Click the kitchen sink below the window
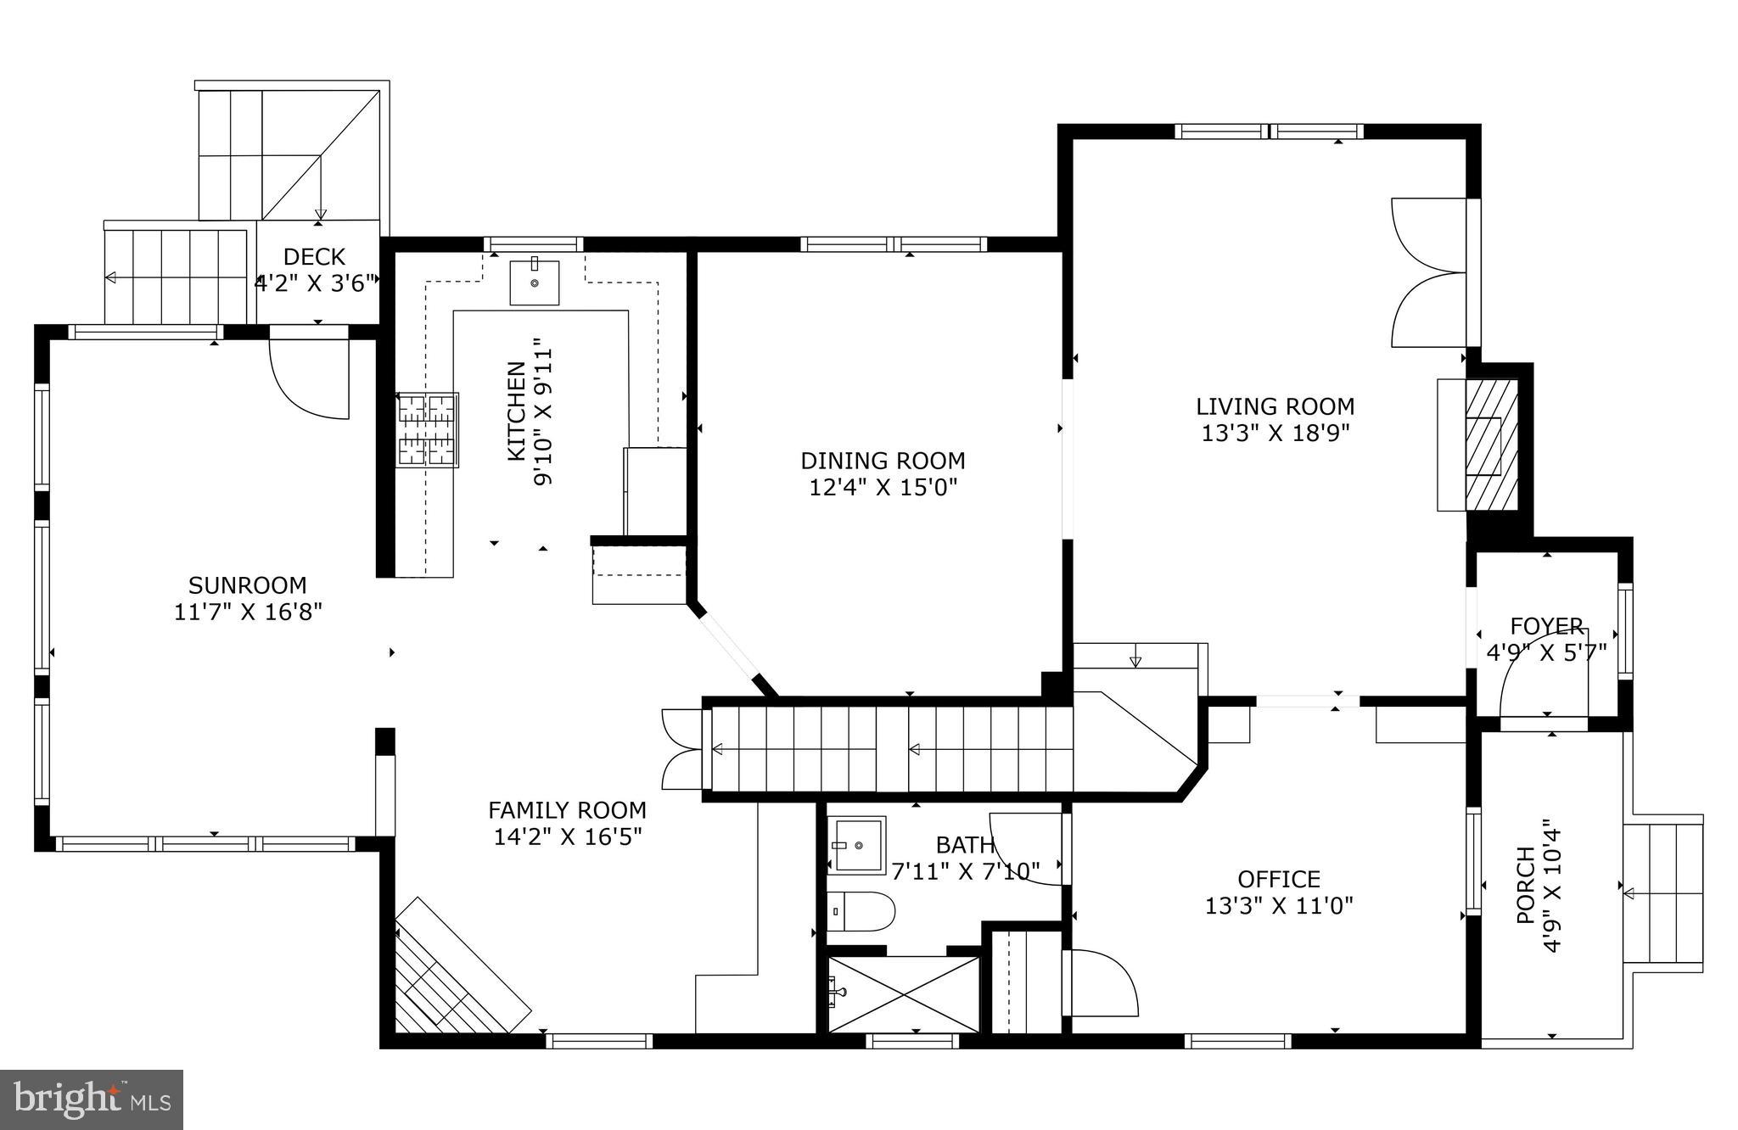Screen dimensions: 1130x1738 (535, 282)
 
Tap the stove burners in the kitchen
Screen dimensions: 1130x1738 (428, 429)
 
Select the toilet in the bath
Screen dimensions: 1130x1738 (861, 912)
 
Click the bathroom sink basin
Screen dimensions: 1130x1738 (856, 845)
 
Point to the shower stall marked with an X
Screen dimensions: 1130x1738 (903, 995)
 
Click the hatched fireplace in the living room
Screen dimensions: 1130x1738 (1490, 445)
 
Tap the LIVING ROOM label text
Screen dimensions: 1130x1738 (1275, 407)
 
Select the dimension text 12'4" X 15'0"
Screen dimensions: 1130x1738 (883, 488)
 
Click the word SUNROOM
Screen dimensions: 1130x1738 (247, 585)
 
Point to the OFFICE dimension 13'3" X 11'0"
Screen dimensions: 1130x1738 (1278, 906)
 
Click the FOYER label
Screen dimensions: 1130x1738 (1546, 626)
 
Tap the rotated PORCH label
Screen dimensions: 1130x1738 (1524, 885)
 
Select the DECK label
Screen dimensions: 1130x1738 (314, 256)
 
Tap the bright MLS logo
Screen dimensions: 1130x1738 (92, 1100)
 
